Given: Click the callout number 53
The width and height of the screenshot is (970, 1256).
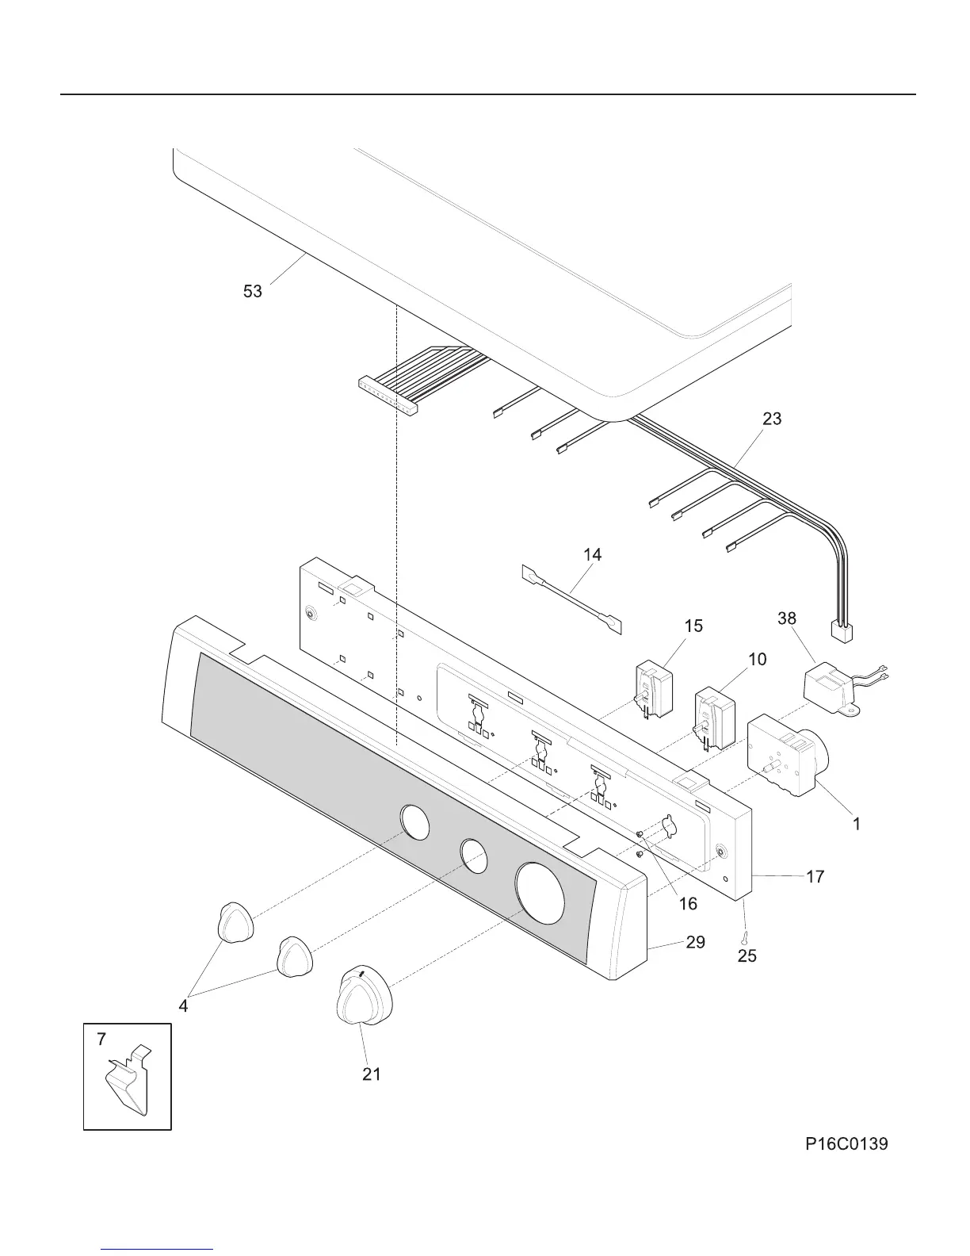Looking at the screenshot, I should coord(252,292).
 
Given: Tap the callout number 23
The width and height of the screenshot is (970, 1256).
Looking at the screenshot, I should coord(772,419).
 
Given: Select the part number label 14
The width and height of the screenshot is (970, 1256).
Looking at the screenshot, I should coord(592,555).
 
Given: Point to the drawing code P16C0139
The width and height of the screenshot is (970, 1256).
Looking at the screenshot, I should coord(846,1143).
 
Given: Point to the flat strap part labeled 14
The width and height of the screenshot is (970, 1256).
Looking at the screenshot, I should coord(571,599).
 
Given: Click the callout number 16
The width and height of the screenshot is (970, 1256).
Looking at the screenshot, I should coord(687,904).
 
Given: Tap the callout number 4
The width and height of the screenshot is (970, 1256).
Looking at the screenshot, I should coord(184,1006).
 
